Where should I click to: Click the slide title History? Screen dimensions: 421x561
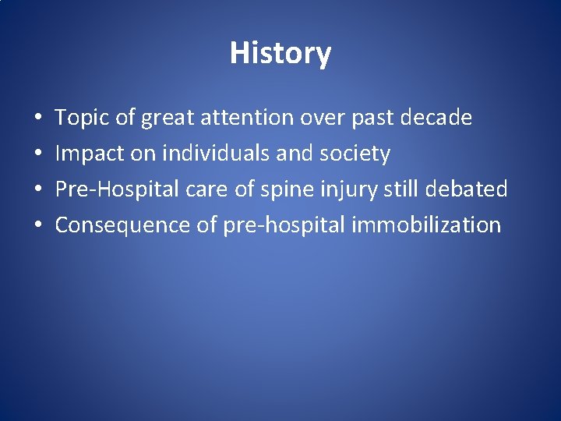point(280,53)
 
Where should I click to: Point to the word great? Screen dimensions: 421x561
point(168,119)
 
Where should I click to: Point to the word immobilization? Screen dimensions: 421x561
point(426,225)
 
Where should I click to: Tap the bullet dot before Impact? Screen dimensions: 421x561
point(37,154)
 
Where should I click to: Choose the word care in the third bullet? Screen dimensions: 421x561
point(201,189)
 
